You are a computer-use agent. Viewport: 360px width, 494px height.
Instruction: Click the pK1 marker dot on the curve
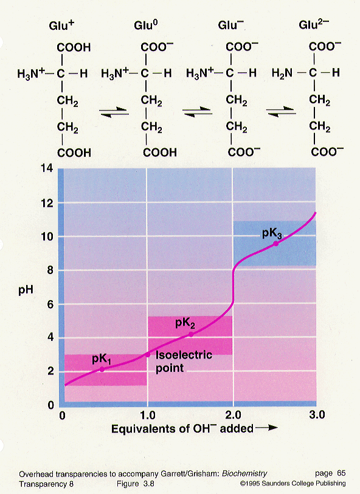pos(102,369)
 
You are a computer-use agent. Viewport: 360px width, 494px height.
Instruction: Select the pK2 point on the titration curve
pos(191,334)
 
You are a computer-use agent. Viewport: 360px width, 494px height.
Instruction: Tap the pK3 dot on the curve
pos(276,243)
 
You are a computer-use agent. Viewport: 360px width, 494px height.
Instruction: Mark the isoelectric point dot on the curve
pos(147,354)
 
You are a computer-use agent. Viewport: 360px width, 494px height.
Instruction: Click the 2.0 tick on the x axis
pos(233,416)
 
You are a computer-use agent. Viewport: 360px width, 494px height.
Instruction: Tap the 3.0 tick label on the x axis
pos(317,416)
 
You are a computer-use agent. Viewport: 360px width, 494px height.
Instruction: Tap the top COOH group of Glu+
pos(74,46)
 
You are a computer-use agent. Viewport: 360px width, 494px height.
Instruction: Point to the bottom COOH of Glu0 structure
pos(159,151)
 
